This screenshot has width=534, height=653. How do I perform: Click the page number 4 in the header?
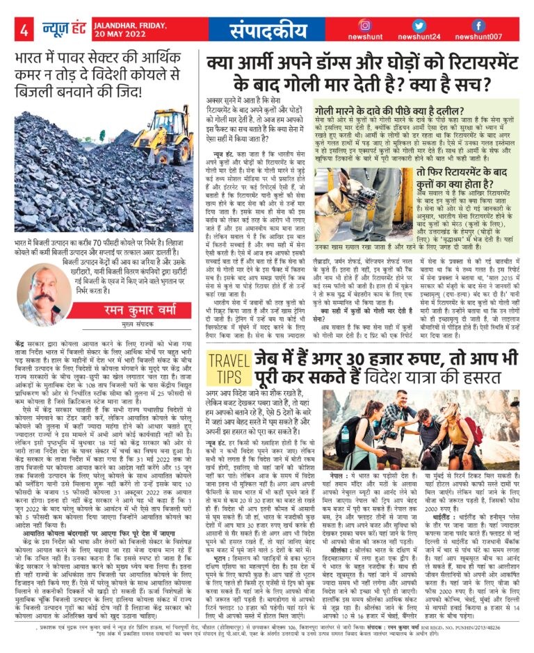[x=24, y=30]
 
